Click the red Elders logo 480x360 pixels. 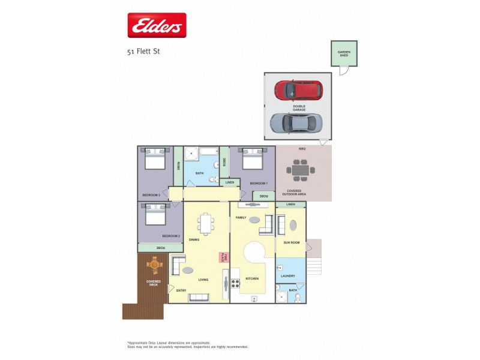(x=157, y=26)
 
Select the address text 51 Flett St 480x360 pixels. (x=143, y=52)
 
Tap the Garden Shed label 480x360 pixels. (x=343, y=53)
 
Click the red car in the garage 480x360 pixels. (x=298, y=90)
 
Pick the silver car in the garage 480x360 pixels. (x=296, y=123)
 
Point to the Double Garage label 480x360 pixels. (x=299, y=108)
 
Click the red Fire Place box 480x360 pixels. (x=221, y=257)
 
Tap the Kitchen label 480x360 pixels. (x=252, y=279)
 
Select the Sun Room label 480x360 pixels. (x=291, y=242)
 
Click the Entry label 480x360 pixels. (x=181, y=290)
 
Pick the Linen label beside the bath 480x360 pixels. (x=229, y=182)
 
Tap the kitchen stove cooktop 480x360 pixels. (x=236, y=283)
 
